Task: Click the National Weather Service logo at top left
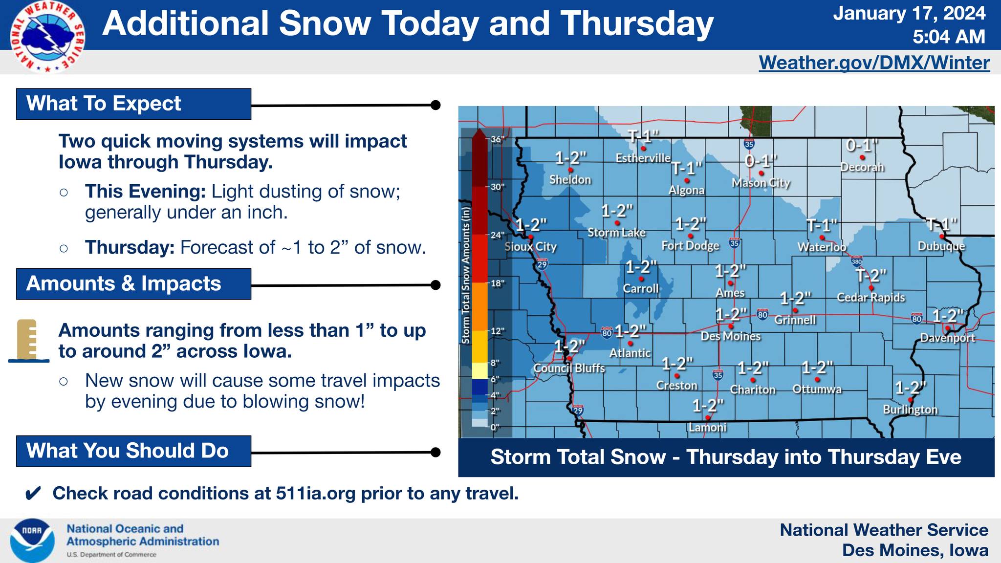point(48,37)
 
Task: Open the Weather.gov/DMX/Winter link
point(874,63)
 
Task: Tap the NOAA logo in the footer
point(32,541)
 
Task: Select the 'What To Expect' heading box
point(133,104)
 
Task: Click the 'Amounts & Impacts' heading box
point(133,284)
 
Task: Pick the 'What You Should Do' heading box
point(133,451)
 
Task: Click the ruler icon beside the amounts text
point(28,341)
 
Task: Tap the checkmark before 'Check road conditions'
point(33,494)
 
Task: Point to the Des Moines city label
point(731,336)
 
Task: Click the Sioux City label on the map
point(530,247)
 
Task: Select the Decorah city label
point(862,167)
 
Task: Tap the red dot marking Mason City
point(762,173)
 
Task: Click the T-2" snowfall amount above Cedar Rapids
point(871,276)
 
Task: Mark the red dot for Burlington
point(910,400)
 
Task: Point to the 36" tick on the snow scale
point(497,139)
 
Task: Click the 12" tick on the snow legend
point(497,331)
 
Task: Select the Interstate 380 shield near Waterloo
point(857,261)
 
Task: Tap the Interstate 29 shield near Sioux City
point(542,265)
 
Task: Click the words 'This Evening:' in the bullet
point(145,192)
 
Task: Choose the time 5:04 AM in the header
point(949,37)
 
